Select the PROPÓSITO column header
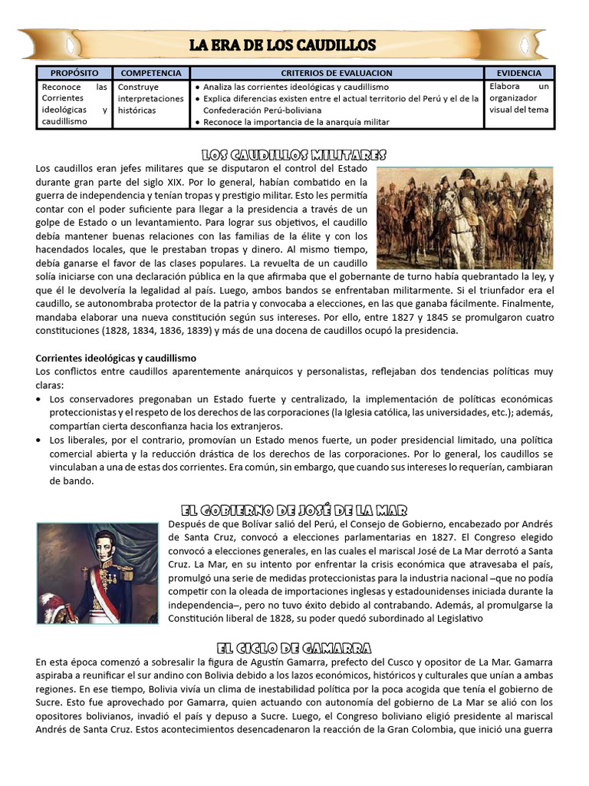(x=74, y=73)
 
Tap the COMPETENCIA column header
(x=151, y=73)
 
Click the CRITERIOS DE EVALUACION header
(x=337, y=73)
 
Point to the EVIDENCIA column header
(x=518, y=73)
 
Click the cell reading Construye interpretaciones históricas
(x=150, y=98)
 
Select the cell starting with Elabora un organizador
(x=518, y=98)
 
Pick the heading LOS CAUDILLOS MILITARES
(x=294, y=154)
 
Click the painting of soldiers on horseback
(x=465, y=218)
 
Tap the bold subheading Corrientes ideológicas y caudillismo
(x=116, y=358)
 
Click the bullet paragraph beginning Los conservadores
(x=299, y=413)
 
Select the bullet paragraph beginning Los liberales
(x=299, y=461)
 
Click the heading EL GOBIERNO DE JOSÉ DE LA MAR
(x=294, y=510)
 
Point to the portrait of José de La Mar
(x=97, y=573)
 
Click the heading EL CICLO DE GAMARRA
(x=294, y=647)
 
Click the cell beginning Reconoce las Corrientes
(x=74, y=104)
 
